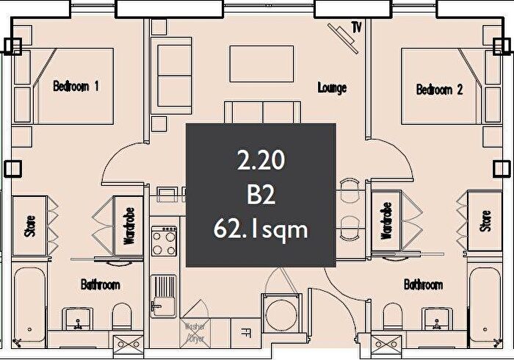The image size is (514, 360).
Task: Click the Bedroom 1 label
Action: coord(76,86)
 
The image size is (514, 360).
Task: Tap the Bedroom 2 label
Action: coord(439,90)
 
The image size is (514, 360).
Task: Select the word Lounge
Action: coord(332,88)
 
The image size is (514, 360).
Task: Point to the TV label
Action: coord(358,28)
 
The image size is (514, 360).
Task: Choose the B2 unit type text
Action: coord(261,194)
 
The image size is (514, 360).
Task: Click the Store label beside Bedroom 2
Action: coord(485,220)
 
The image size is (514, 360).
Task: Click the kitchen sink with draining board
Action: coord(163,294)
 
